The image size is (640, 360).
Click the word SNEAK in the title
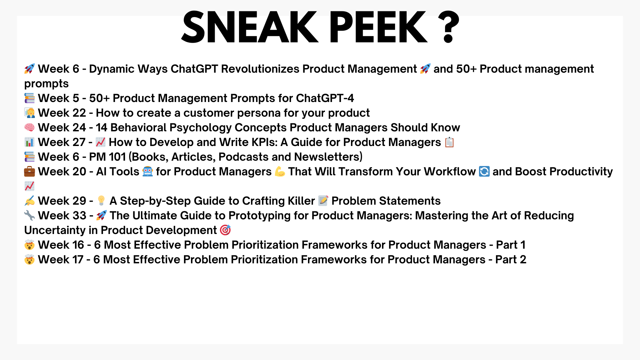(x=250, y=27)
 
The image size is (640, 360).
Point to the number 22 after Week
(x=79, y=113)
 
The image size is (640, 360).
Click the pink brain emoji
(x=29, y=128)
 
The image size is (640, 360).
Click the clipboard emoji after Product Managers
(x=449, y=142)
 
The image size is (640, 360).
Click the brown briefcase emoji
(x=29, y=172)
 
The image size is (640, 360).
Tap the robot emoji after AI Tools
(x=147, y=172)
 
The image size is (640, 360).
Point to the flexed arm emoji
(x=280, y=172)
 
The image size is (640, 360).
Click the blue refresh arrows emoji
(x=484, y=172)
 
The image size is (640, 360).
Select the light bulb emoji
(x=101, y=201)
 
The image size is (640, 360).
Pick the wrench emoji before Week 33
(x=29, y=216)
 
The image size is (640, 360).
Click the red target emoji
(x=225, y=230)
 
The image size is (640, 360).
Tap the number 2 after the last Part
(x=523, y=260)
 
